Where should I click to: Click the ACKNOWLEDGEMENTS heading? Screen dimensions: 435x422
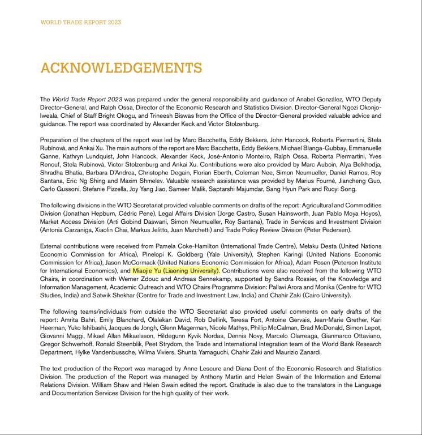pos(113,69)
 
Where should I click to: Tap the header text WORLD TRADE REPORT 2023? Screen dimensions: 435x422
pos(80,23)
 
